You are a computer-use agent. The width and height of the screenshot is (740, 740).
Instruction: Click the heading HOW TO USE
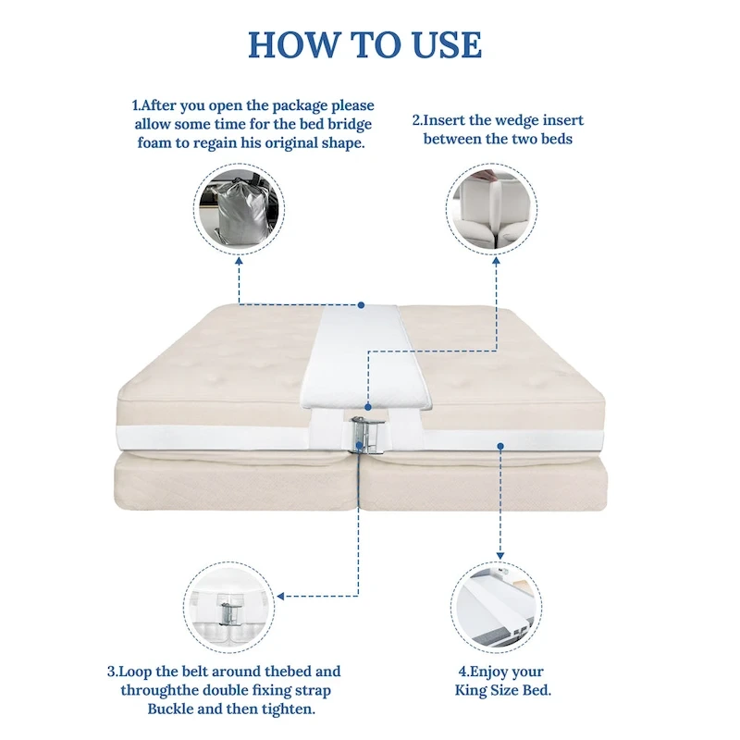(x=364, y=44)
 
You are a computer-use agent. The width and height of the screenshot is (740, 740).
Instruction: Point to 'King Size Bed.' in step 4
(x=502, y=690)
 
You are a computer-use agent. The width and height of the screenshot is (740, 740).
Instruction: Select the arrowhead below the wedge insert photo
(x=500, y=265)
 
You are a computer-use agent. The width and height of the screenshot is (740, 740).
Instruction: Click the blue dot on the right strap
(x=500, y=445)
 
